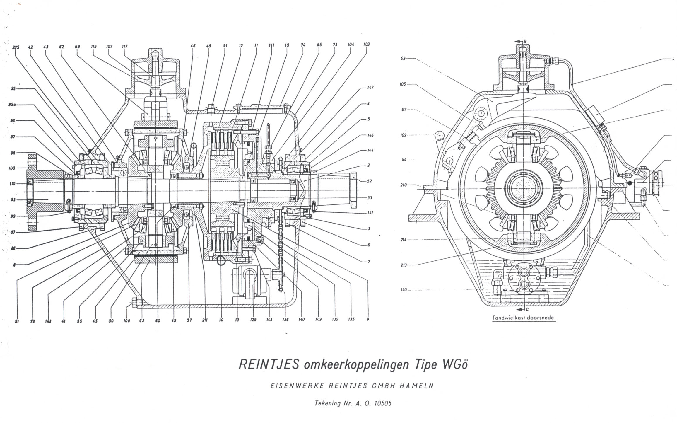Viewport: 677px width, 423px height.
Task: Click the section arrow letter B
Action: [525, 41]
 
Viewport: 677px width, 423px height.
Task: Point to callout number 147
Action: [370, 87]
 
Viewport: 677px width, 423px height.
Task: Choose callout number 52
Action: [369, 181]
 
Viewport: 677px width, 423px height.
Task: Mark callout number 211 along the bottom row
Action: [205, 320]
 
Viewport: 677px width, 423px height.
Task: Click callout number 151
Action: [370, 213]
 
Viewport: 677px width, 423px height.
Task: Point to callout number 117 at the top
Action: [124, 46]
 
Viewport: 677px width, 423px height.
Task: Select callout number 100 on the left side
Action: [12, 168]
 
